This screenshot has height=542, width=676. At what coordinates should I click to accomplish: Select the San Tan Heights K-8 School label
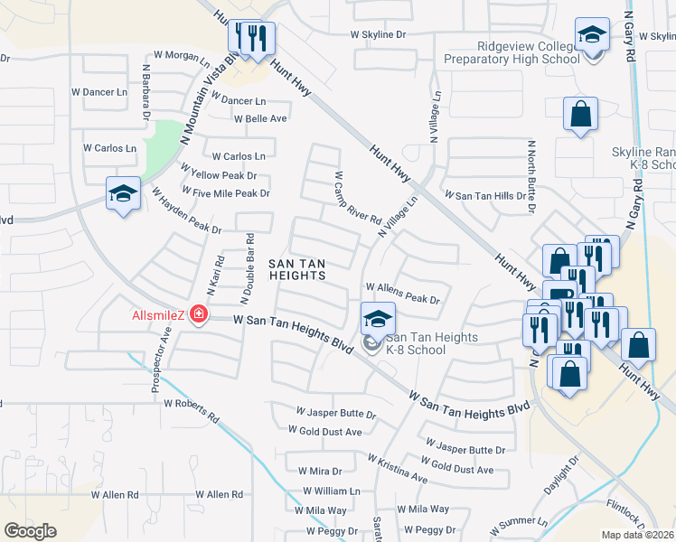pos(415,343)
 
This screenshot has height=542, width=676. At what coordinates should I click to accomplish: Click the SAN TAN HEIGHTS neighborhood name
pos(297,270)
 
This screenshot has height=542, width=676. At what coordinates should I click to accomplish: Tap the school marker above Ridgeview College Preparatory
pos(593,38)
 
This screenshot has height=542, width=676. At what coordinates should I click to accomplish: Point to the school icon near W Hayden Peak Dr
pos(123,193)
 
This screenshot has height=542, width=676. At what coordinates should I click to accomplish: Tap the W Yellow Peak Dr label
pos(219,173)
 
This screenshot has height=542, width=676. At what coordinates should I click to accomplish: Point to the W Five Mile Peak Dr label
pos(226,192)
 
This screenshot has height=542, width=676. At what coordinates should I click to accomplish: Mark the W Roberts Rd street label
pos(192,408)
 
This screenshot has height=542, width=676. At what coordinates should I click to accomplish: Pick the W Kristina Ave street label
pos(398,469)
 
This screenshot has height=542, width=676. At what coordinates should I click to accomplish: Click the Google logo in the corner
pos(31,531)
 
